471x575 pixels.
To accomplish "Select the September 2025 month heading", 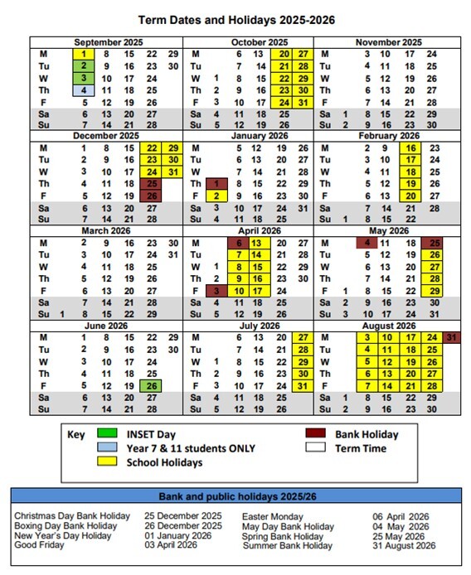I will pos(107,42).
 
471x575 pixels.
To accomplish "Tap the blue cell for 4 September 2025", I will pos(84,89).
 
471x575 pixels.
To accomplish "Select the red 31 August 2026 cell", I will pos(450,338).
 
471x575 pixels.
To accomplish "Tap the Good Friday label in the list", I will pos(38,545).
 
